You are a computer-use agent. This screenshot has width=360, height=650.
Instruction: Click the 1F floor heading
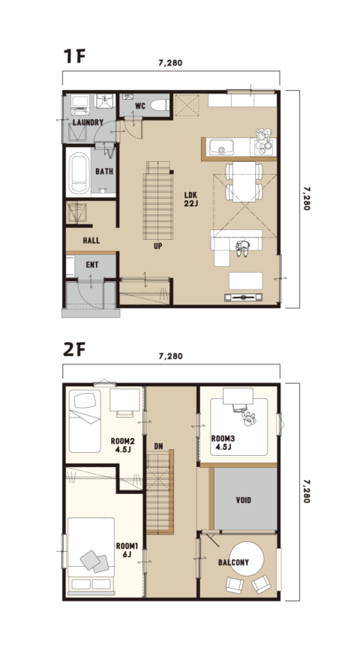click(x=74, y=56)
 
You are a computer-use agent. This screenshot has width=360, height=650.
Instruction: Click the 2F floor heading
click(x=74, y=350)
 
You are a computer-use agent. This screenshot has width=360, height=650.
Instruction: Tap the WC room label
click(x=140, y=106)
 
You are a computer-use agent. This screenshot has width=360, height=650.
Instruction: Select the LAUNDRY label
click(x=88, y=123)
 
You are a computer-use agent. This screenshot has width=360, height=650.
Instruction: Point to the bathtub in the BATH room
click(x=79, y=173)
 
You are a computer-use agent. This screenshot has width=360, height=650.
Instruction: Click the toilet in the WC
click(x=159, y=105)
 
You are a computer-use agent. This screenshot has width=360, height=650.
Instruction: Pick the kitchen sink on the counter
click(x=221, y=147)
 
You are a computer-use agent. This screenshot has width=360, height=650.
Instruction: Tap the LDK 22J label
click(x=191, y=199)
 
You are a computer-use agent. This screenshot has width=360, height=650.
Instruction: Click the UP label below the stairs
click(x=158, y=246)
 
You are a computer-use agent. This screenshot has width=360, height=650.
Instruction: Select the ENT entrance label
click(x=92, y=265)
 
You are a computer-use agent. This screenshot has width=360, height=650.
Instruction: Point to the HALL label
click(x=91, y=241)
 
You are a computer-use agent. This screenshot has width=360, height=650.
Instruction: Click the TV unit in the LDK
click(x=244, y=297)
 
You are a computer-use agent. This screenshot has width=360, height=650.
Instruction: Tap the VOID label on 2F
click(x=244, y=500)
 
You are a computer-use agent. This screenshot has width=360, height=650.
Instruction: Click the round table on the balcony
click(x=247, y=559)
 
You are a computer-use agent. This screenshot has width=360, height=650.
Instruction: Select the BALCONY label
click(x=233, y=562)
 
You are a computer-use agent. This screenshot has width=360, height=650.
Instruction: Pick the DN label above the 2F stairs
click(x=158, y=447)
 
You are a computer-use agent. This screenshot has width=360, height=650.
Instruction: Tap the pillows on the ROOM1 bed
click(x=94, y=562)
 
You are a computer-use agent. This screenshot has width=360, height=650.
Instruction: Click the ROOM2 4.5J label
click(x=121, y=445)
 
